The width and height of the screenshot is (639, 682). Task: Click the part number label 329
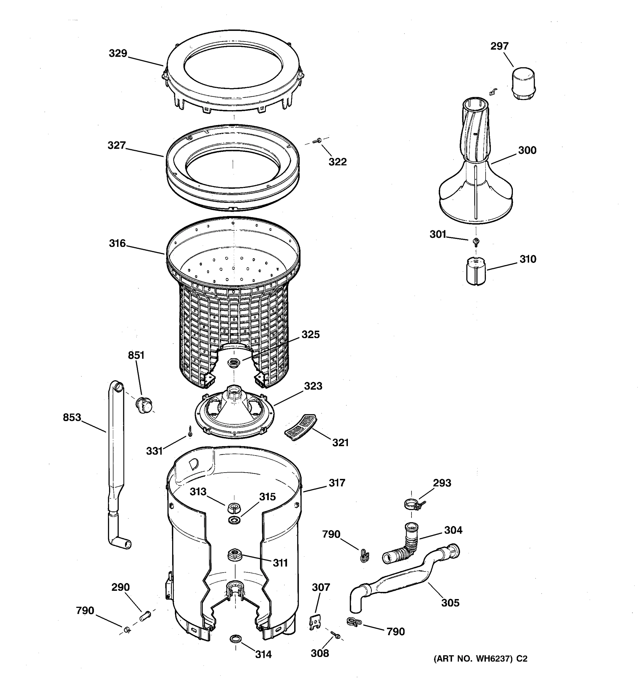click(118, 53)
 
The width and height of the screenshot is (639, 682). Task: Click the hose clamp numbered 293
click(413, 504)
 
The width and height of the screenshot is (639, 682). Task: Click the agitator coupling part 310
click(476, 272)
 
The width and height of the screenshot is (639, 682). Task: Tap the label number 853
click(72, 417)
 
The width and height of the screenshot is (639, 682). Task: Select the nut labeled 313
click(234, 507)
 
